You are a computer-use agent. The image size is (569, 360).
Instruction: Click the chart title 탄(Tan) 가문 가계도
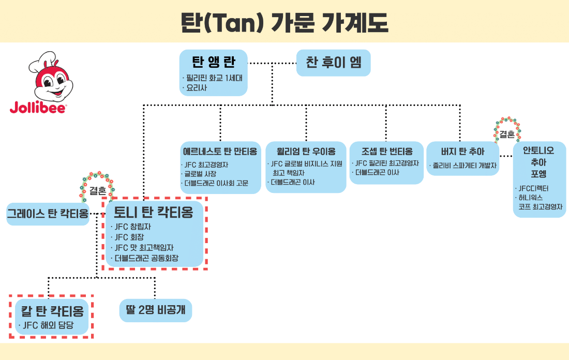coord(284,21)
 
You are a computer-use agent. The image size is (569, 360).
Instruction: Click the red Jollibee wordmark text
coord(38,108)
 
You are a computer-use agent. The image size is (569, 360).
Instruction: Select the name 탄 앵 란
coord(214,63)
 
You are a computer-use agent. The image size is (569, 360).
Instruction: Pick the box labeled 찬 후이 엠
coord(334,63)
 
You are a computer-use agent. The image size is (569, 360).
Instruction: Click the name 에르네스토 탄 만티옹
coord(220,152)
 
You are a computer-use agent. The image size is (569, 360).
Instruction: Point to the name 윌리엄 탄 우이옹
coord(306,152)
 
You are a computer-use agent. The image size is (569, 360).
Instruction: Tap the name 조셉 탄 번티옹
coord(386,152)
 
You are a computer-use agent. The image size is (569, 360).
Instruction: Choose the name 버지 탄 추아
coord(462,152)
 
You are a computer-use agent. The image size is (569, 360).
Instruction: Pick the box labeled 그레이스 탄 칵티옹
coord(48,214)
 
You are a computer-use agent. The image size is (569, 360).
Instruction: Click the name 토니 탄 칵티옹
coord(154,212)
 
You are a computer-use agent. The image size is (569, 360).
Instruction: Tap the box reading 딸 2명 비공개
coord(156,310)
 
